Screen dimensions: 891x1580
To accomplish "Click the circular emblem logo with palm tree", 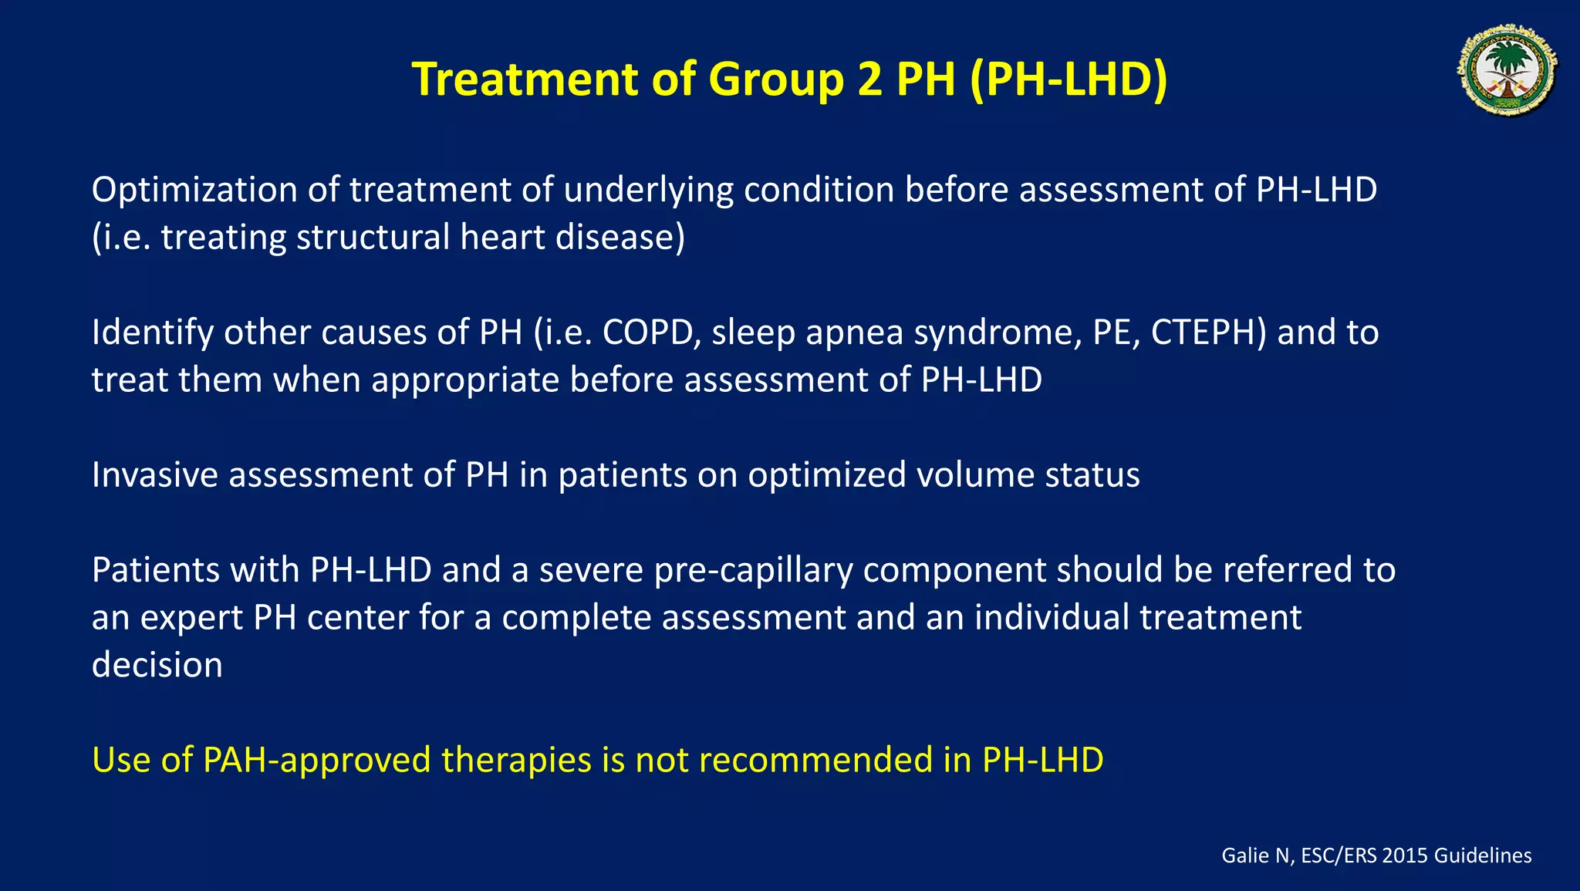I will click(1507, 70).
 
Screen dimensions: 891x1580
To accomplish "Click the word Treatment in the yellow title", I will click(525, 79).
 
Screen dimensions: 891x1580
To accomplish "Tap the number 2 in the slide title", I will click(869, 79).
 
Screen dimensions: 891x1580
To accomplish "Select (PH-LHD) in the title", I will click(1069, 79).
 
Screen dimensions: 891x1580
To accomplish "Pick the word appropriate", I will click(465, 380).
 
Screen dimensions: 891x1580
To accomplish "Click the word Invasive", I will click(154, 474).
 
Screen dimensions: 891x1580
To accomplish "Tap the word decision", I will click(157, 665).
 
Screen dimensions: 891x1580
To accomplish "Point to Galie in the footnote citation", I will click(1244, 856).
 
